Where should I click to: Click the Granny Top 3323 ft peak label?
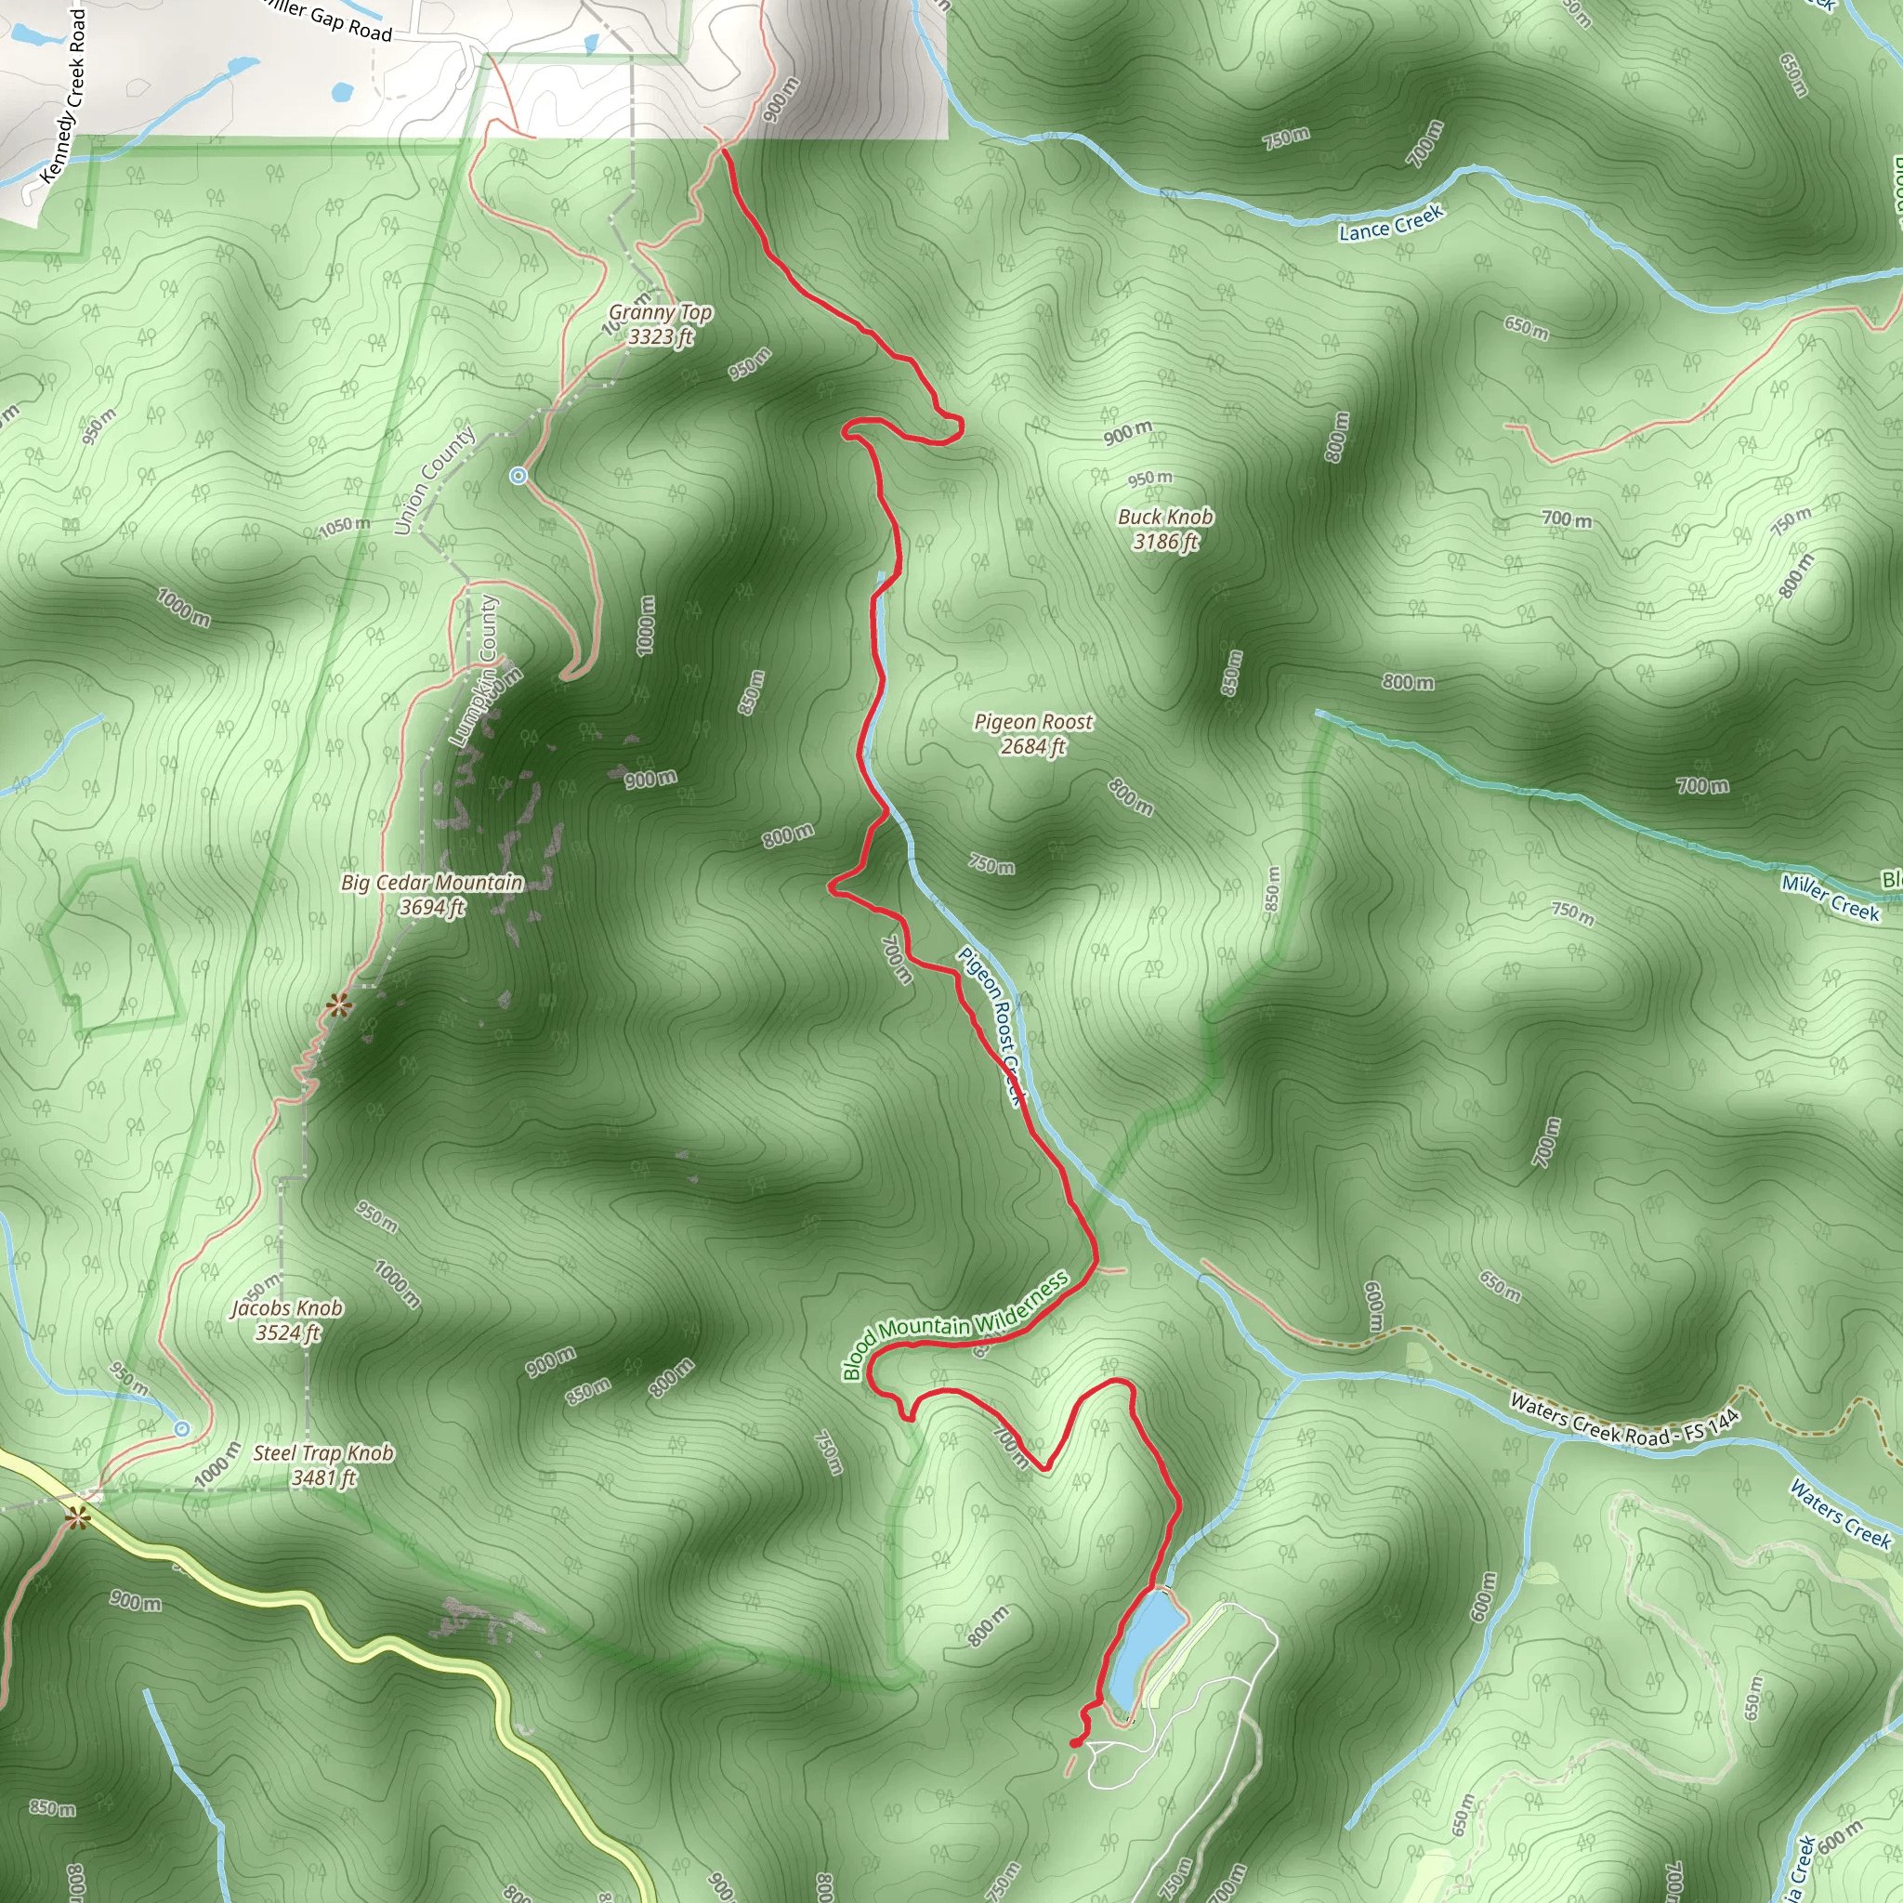[x=660, y=324]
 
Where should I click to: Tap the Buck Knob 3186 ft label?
[x=1165, y=529]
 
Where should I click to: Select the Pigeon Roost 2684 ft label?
[x=1033, y=734]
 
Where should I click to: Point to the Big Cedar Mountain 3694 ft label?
[x=431, y=895]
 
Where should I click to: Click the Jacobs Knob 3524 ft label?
[x=286, y=1319]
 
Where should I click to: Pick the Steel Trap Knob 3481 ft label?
[x=323, y=1464]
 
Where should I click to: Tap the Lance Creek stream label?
[x=1391, y=223]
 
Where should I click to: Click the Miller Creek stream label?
[x=1831, y=899]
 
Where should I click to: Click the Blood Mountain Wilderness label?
[x=954, y=1326]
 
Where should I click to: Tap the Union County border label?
[x=433, y=480]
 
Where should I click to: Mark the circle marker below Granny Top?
[x=519, y=477]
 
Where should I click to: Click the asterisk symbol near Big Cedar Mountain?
[x=339, y=1005]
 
